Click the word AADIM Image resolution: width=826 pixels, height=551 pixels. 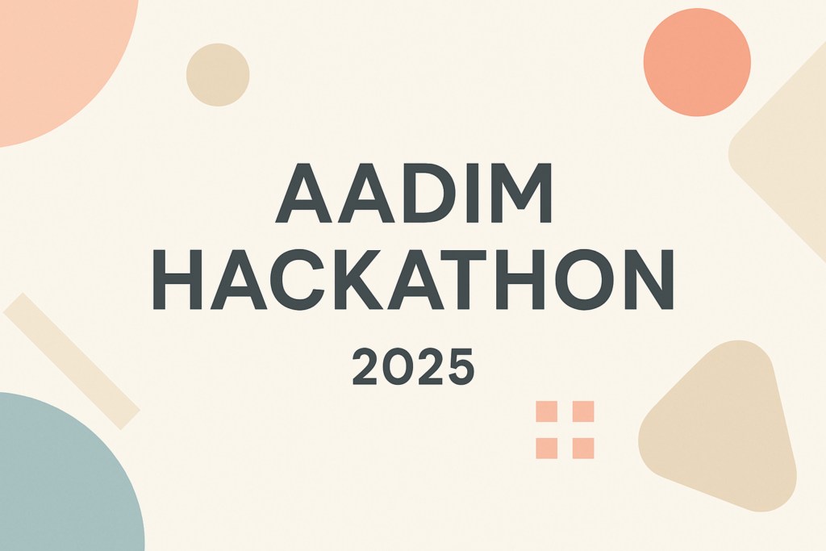click(x=414, y=193)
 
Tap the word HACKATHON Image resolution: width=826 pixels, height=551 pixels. click(x=414, y=279)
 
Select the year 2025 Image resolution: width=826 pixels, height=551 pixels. click(x=414, y=366)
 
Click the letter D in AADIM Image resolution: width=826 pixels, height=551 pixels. click(x=429, y=193)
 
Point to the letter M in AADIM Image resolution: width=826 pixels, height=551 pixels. click(x=521, y=193)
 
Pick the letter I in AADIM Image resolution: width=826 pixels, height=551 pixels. click(x=473, y=193)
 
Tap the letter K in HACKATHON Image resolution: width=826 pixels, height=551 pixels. click(x=359, y=279)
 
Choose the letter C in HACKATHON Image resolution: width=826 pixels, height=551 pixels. click(x=298, y=279)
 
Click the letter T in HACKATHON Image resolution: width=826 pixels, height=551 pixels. click(x=464, y=279)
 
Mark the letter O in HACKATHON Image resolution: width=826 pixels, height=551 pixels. click(x=584, y=279)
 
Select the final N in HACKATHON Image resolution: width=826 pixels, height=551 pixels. click(x=649, y=279)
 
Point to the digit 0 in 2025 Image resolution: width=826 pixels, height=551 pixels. click(x=398, y=366)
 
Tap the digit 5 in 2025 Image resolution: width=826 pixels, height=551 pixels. click(x=461, y=366)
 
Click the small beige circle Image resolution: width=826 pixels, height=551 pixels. click(x=218, y=75)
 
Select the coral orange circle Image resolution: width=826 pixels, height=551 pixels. click(x=697, y=62)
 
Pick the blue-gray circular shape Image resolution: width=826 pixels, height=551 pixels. click(x=63, y=474)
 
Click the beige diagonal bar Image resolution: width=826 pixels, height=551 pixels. click(x=72, y=361)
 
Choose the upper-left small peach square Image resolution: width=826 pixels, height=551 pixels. click(x=546, y=411)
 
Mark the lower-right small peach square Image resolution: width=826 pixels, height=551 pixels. click(x=583, y=449)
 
